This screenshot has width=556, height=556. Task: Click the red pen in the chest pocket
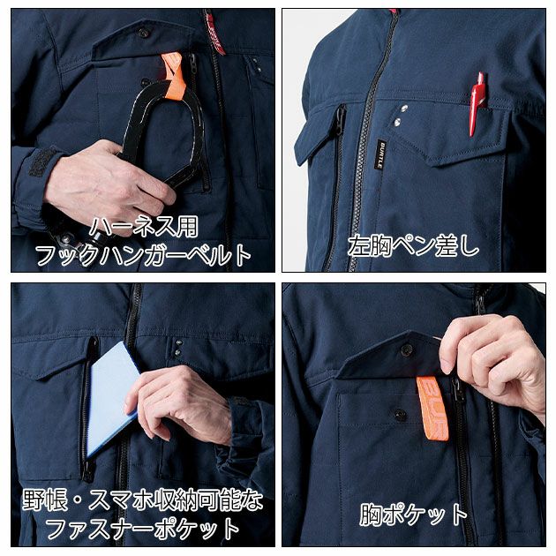[x=477, y=102]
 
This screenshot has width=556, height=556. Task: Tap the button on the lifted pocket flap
[x=407, y=349]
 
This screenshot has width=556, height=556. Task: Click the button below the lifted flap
[x=399, y=414]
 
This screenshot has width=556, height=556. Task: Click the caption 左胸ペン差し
[x=414, y=244]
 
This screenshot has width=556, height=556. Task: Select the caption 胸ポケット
[x=413, y=515]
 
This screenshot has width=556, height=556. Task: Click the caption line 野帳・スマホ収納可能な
[x=142, y=501]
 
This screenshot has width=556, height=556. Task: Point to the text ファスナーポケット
[x=142, y=529]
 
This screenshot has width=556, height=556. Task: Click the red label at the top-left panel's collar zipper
[x=214, y=32]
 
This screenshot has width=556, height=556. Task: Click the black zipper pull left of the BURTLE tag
[x=338, y=124]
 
